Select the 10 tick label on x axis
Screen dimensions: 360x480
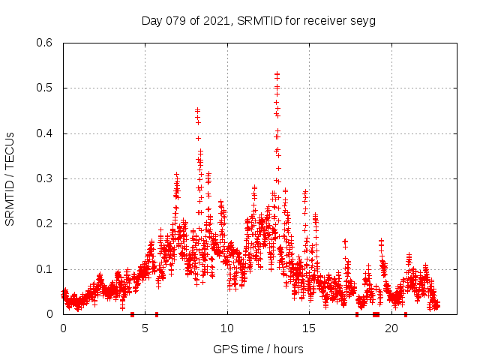(x=227, y=328)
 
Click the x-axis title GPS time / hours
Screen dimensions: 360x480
(x=257, y=349)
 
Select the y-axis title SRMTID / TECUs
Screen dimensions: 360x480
(x=10, y=178)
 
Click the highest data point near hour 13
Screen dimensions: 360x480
(x=277, y=74)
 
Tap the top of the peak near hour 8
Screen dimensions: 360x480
(x=197, y=110)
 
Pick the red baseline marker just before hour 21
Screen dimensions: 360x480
(x=406, y=314)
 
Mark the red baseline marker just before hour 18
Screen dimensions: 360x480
(x=357, y=314)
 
